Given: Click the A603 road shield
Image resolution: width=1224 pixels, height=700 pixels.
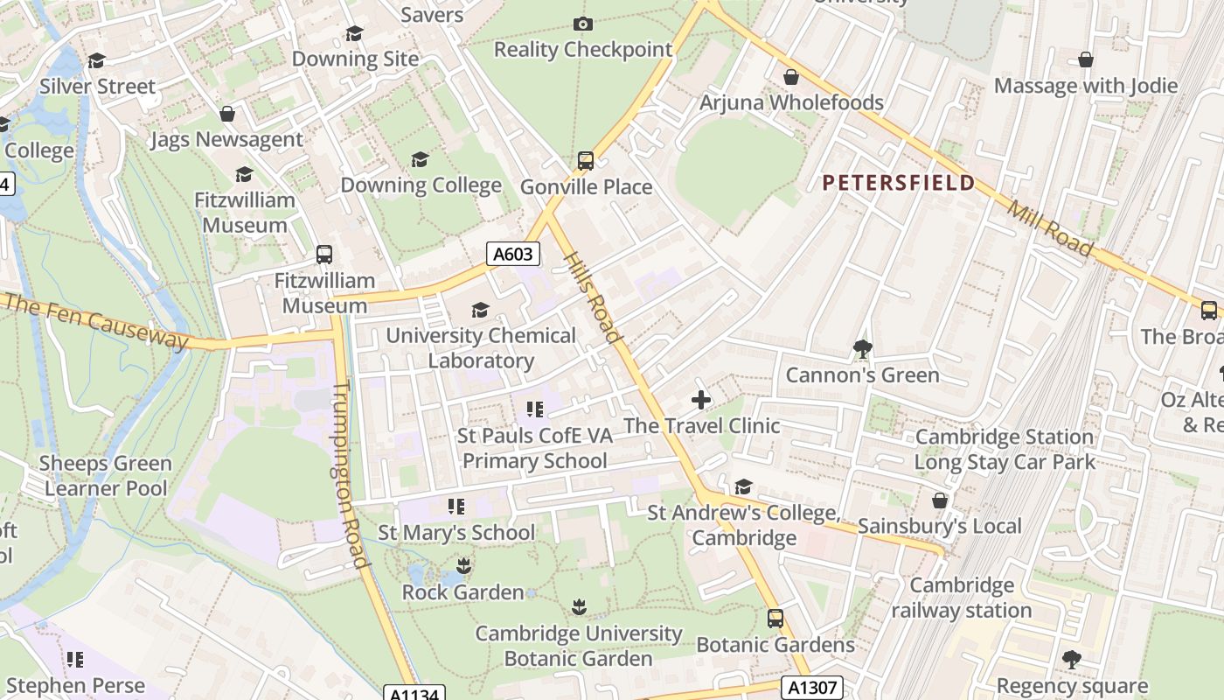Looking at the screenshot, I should [x=512, y=255].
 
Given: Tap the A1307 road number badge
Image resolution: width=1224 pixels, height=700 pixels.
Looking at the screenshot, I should [x=813, y=688].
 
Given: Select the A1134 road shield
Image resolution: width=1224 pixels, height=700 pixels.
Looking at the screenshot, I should [x=414, y=694].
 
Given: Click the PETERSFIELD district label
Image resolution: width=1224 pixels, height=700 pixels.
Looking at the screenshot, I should [x=899, y=183].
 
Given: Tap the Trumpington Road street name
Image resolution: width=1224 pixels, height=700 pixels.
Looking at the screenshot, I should [x=349, y=473].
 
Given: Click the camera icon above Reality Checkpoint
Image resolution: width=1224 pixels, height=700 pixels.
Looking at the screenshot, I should [x=583, y=24].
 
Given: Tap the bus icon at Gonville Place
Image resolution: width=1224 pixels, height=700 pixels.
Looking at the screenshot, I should [x=586, y=161].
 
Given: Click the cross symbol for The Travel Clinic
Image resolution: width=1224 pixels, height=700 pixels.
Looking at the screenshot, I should [x=701, y=401].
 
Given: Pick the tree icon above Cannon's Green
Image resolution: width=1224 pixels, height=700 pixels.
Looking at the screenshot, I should [x=862, y=349].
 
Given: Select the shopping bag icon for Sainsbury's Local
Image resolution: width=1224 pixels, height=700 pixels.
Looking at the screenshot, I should [x=940, y=500].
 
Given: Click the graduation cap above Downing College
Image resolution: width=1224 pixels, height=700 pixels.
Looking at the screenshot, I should [x=421, y=159].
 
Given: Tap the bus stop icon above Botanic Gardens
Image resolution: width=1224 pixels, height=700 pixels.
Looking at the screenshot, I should [x=775, y=619].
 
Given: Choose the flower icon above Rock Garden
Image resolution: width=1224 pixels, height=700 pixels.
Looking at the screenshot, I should [x=463, y=566].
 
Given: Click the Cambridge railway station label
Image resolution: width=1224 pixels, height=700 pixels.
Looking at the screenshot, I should [x=962, y=598].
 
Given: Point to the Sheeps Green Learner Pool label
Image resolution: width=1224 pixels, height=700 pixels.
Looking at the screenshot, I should [x=106, y=475].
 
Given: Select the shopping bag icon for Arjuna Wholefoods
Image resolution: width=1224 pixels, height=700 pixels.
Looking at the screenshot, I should [x=791, y=77].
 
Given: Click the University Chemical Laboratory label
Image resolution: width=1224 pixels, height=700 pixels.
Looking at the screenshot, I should [x=481, y=347].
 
